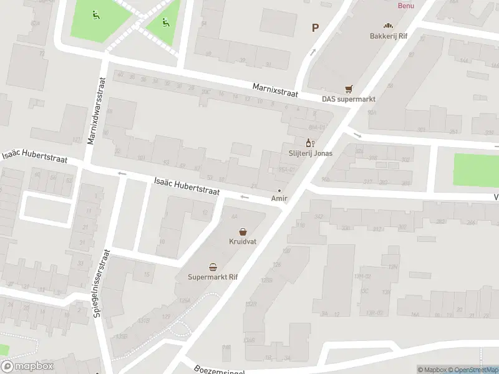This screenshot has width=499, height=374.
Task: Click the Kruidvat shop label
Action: click(243, 241)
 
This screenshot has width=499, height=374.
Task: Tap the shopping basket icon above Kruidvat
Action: click(243, 231)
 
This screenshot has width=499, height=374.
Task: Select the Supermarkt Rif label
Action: click(213, 277)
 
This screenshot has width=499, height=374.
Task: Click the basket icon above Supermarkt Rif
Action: click(213, 267)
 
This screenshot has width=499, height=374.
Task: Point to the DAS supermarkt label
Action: click(348, 98)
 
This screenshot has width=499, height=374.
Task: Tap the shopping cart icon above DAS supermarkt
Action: click(349, 89)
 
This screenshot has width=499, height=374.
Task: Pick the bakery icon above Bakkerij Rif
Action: click(388, 26)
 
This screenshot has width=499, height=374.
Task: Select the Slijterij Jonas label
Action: click(310, 153)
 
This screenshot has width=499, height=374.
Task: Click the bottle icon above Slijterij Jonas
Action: click(308, 143)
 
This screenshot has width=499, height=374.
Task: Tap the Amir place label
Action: click(278, 198)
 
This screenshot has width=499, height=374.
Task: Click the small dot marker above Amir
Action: click(279, 190)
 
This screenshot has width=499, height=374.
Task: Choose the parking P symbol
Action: click(315, 27)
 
